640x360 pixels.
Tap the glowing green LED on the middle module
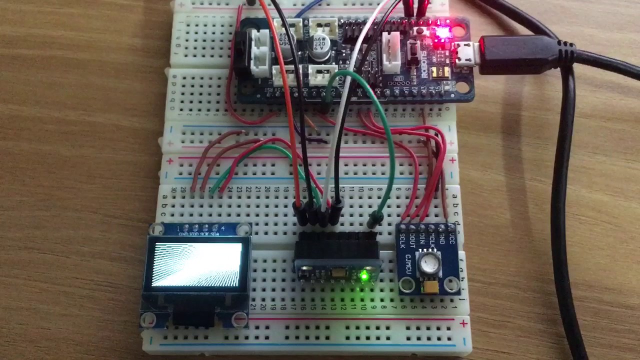click(364, 275)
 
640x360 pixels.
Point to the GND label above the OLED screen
click(183, 233)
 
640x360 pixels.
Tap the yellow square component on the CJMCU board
click(429, 287)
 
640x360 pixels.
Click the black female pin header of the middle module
click(336, 245)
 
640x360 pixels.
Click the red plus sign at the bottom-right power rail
click(464, 324)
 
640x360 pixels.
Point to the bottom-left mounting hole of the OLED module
click(148, 319)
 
